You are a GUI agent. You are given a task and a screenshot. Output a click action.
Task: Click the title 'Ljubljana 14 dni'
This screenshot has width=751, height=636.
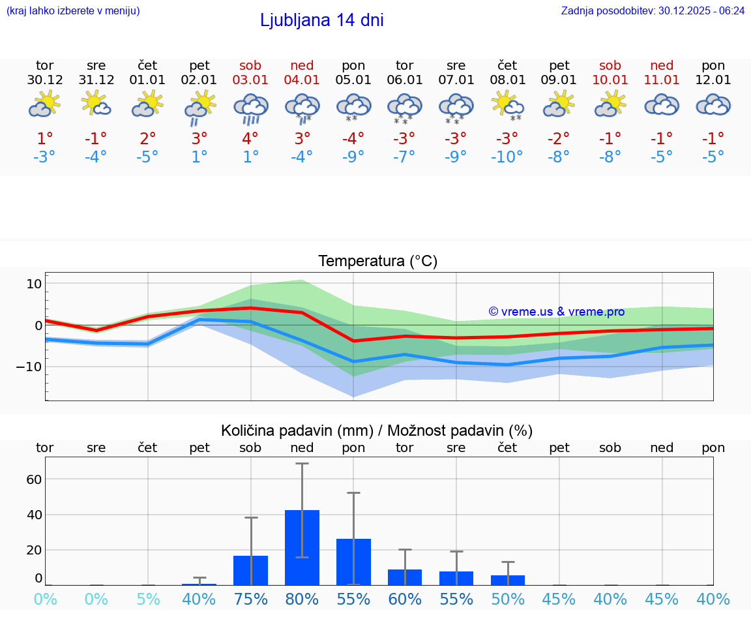coord(321,20)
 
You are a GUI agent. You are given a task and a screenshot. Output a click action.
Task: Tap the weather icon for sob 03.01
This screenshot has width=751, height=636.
coord(251,108)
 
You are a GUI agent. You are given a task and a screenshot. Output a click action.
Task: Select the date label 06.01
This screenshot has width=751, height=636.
coord(405,80)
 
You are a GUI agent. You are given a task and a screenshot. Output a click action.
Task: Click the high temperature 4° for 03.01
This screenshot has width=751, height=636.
coord(251,138)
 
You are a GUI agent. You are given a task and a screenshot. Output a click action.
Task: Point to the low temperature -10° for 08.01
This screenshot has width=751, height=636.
coord(507,157)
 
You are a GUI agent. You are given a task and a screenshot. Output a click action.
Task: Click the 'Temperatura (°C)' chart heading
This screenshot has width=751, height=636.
coord(377,261)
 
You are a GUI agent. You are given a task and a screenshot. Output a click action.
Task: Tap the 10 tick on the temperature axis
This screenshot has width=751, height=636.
coord(34,284)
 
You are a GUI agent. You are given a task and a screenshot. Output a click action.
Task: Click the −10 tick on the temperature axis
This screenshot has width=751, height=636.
coord(29,367)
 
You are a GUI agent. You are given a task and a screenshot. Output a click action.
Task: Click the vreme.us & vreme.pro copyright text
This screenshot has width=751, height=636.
coord(557,312)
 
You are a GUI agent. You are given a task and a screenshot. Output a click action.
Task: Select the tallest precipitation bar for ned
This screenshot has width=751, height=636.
coord(302,547)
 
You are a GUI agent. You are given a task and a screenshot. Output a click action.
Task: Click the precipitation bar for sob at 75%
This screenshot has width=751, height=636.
coord(251,570)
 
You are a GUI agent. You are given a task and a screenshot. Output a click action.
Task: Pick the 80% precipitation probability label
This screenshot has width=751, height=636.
coord(302,599)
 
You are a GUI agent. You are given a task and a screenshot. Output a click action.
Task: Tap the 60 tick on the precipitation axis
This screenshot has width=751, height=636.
coord(34,479)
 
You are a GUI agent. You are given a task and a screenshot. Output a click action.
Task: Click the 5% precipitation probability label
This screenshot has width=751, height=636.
coord(148,599)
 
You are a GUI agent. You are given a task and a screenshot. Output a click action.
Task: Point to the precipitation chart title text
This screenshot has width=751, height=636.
coord(377,431)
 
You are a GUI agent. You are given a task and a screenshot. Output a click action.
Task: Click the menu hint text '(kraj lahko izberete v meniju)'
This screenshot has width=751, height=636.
coord(73,10)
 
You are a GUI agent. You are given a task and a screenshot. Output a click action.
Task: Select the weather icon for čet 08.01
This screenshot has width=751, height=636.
coord(507,106)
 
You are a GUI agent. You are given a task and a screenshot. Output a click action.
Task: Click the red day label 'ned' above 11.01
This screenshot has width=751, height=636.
coord(662,65)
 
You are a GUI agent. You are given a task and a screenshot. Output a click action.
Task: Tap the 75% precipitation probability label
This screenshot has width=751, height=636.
coord(251,599)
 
